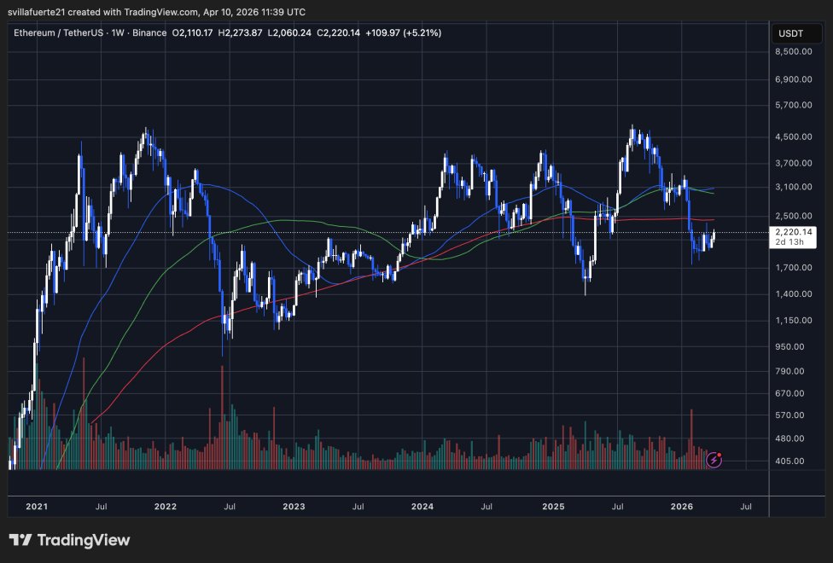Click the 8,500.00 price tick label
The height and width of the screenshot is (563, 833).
click(795, 51)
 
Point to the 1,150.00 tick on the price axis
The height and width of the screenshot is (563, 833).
click(795, 320)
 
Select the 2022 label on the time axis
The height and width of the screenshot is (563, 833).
click(165, 507)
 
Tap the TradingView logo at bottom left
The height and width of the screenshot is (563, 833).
click(69, 540)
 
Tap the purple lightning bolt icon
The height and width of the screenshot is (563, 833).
click(715, 461)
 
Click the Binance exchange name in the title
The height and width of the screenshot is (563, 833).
click(148, 32)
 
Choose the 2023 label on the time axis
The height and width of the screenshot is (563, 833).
click(294, 507)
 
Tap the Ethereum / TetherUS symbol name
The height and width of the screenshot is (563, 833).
click(61, 32)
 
